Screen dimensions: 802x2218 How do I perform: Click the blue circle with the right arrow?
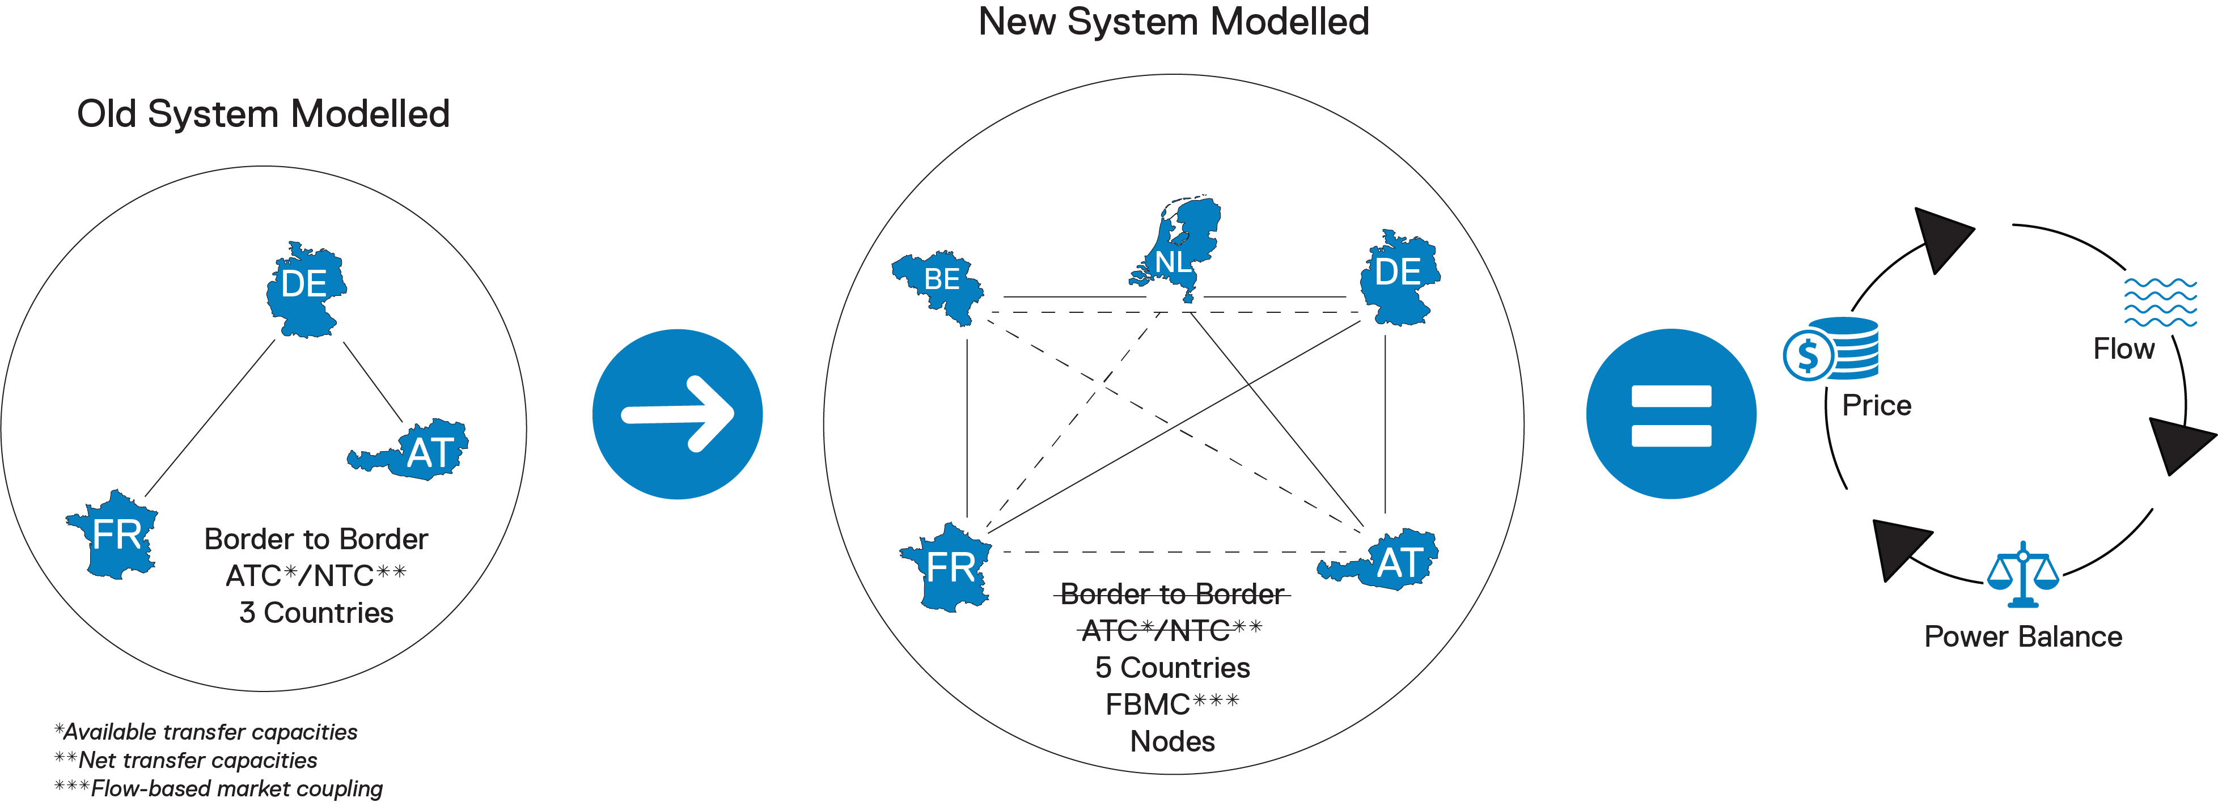click(677, 414)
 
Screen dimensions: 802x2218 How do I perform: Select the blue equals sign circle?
click(1670, 414)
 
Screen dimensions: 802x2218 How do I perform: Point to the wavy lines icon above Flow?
click(2160, 302)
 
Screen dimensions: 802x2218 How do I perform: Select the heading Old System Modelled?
click(263, 113)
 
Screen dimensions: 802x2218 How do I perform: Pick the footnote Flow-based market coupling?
click(219, 788)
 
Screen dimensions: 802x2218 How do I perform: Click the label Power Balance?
click(2022, 636)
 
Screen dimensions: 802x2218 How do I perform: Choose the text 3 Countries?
click(316, 613)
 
